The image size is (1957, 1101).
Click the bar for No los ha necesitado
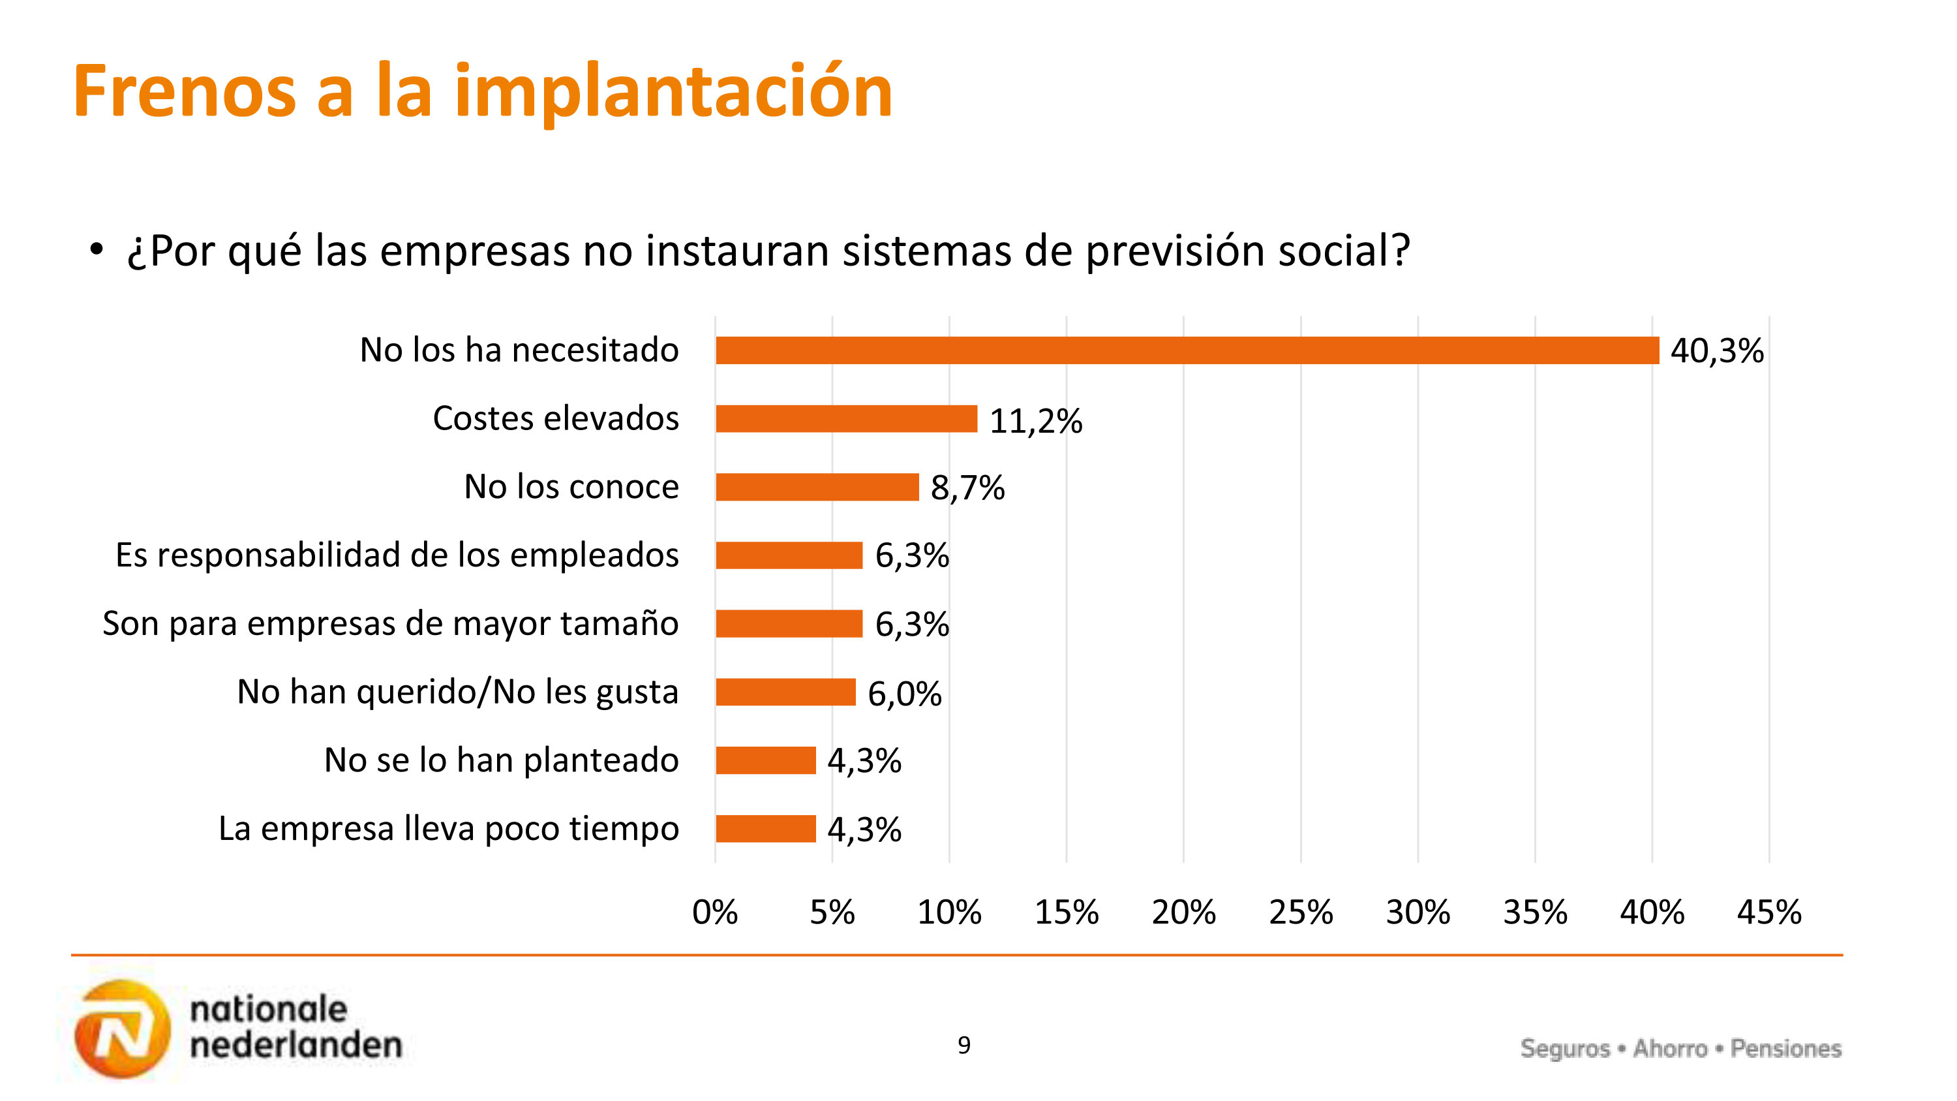coord(1187,350)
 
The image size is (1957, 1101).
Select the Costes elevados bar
coord(845,419)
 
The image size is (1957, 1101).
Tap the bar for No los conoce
coord(817,487)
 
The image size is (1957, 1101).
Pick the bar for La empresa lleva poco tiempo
coord(765,828)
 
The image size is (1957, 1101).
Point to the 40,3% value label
coord(1716,351)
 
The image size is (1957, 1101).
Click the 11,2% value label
coord(1035,421)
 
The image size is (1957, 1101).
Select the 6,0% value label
coord(904,694)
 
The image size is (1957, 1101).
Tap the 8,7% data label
coord(967,488)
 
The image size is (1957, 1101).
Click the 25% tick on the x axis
coord(1301,912)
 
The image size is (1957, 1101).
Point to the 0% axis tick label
coord(715,912)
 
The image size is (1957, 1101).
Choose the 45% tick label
coord(1768,912)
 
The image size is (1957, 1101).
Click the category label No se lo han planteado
coord(502,760)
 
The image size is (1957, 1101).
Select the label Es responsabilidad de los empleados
coord(397,555)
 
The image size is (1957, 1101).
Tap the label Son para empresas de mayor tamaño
coord(391,624)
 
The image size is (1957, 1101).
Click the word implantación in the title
coord(673,93)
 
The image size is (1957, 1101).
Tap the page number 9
coord(963,1046)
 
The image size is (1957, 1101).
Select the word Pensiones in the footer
coord(1785,1049)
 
